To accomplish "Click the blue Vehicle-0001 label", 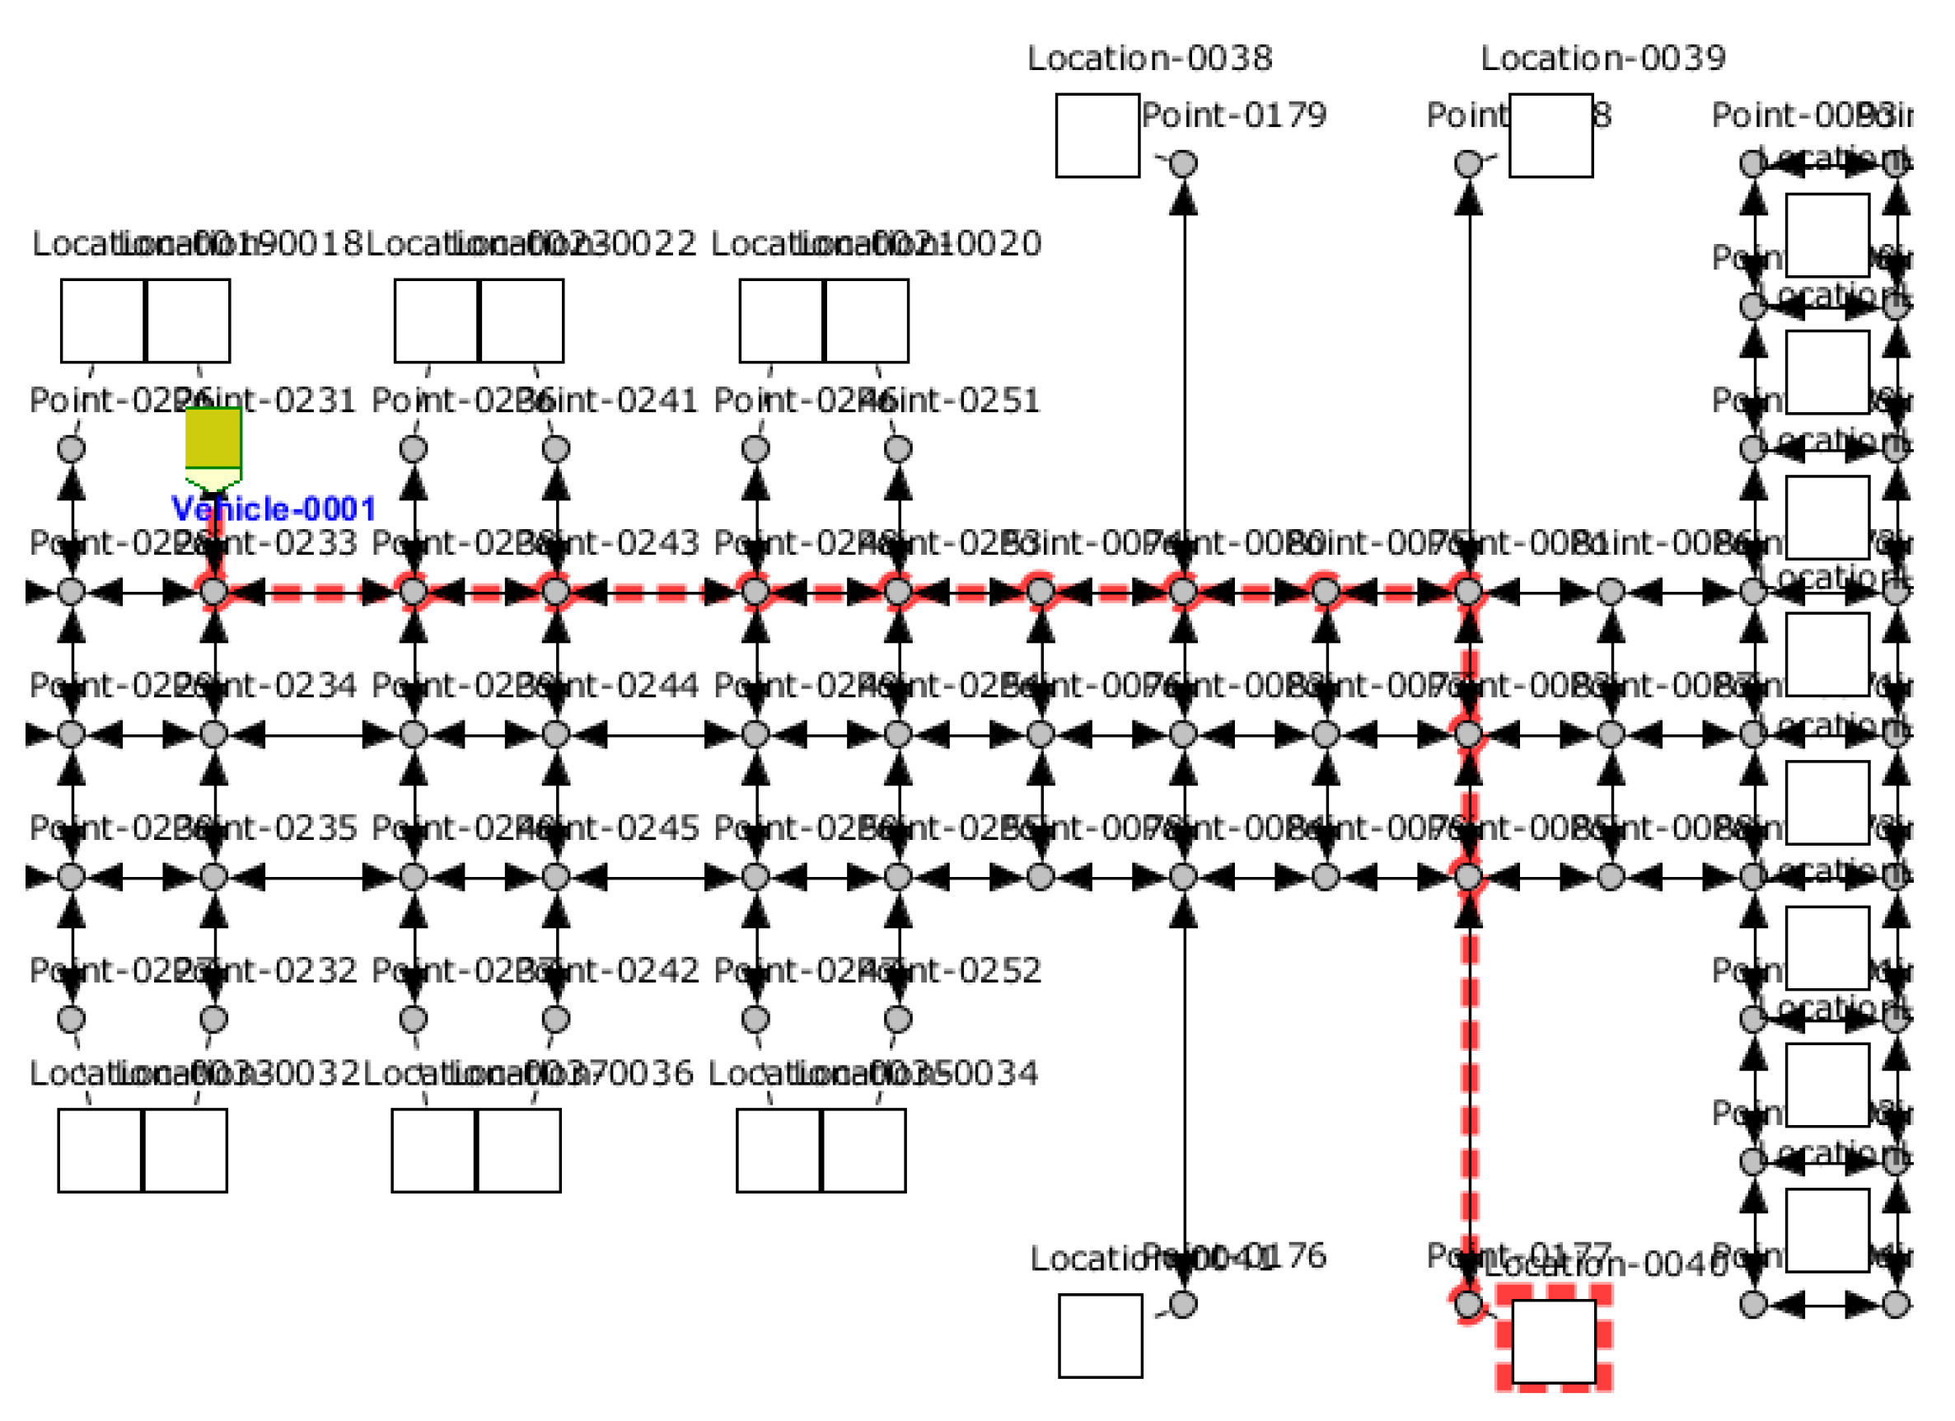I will [274, 509].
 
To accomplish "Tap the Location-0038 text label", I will [1149, 59].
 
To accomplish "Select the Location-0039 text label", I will [1602, 59].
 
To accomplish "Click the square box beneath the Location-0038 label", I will [1097, 135].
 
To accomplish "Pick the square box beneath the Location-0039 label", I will [1550, 135].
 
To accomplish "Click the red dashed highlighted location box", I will [1553, 1340].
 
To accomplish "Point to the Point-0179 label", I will [1233, 115].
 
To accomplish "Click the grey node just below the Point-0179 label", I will [1183, 163].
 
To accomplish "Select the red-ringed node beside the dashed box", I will [1468, 1304].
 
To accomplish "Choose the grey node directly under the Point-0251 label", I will [897, 448].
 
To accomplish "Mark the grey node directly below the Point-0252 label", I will [897, 1020].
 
